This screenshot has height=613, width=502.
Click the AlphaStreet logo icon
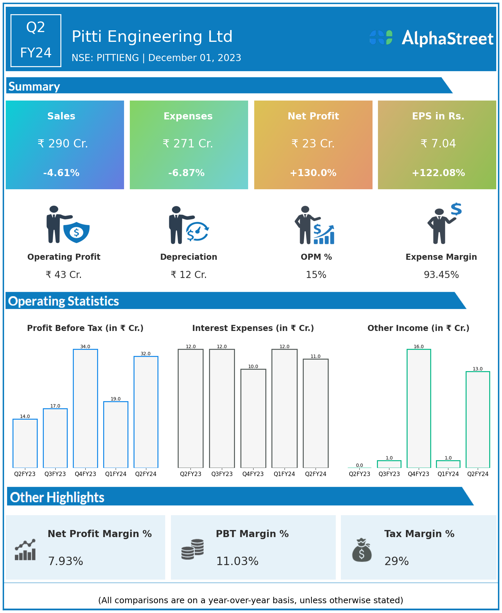click(x=381, y=37)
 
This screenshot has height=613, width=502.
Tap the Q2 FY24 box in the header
click(x=36, y=40)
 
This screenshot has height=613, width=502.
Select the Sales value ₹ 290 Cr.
click(x=63, y=144)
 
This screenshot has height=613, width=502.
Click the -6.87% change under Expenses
click(x=186, y=173)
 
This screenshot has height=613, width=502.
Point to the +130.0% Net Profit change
click(x=313, y=173)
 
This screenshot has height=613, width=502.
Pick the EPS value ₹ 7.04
click(x=438, y=144)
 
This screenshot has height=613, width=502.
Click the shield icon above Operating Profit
click(x=77, y=232)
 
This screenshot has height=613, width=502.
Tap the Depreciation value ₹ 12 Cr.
click(x=189, y=275)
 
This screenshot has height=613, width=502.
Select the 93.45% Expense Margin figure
click(x=441, y=275)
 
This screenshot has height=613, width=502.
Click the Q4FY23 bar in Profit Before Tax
click(x=86, y=408)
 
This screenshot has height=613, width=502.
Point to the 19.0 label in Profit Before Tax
click(x=116, y=399)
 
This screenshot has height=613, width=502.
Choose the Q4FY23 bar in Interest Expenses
click(x=253, y=418)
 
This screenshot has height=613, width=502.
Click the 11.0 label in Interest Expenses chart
click(x=316, y=356)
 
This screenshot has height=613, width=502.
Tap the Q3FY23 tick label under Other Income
click(x=389, y=474)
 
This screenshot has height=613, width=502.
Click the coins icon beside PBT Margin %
click(x=193, y=549)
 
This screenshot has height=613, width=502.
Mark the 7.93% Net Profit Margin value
click(x=66, y=561)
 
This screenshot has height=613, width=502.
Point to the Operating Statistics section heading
click(x=64, y=301)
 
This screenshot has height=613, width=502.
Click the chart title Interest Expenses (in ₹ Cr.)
click(x=253, y=328)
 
